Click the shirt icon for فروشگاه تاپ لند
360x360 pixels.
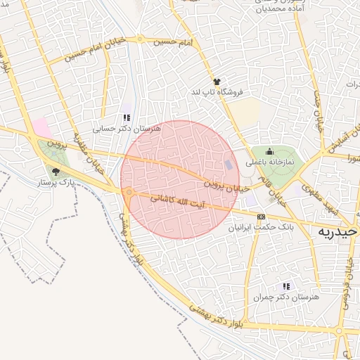pyautogui.click(x=217, y=82)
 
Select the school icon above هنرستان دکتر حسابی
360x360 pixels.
pyautogui.click(x=127, y=118)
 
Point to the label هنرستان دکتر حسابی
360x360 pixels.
pyautogui.click(x=127, y=129)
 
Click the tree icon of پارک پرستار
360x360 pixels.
pyautogui.click(x=55, y=171)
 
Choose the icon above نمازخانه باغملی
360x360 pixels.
pyautogui.click(x=269, y=151)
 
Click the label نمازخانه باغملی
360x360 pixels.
pyautogui.click(x=269, y=162)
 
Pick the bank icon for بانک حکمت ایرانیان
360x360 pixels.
pyautogui.click(x=262, y=217)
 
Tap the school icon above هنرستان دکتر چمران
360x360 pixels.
pyautogui.click(x=285, y=286)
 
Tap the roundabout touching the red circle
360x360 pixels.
pyautogui.click(x=129, y=191)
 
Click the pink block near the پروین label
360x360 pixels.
pyautogui.click(x=41, y=127)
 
